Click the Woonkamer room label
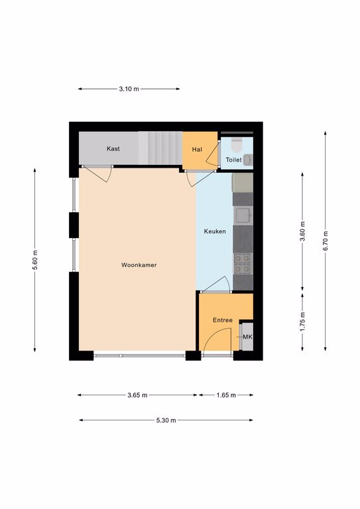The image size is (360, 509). (139, 265)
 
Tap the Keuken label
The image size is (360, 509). (215, 231)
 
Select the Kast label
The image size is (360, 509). (113, 148)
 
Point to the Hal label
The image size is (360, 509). (197, 149)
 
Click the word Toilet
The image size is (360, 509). (233, 160)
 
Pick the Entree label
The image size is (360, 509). (223, 320)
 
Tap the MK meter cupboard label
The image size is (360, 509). (247, 337)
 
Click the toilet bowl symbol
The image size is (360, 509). (237, 145)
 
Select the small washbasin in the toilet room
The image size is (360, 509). (248, 160)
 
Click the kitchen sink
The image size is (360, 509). (243, 215)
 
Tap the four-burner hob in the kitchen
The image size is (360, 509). (243, 264)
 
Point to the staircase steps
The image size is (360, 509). (160, 148)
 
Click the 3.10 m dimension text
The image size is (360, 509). (129, 89)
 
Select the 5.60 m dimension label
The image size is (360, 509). (34, 260)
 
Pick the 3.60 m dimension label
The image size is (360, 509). (302, 232)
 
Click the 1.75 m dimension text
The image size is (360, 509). (302, 322)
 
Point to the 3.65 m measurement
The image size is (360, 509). (137, 395)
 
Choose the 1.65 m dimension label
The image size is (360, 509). (226, 395)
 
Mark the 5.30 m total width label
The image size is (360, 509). (166, 420)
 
